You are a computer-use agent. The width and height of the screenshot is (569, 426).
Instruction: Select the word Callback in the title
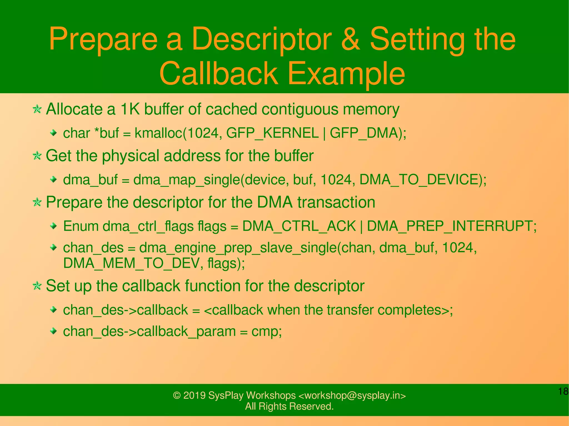pos(219,74)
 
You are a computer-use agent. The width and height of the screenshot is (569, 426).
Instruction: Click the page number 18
pos(563,392)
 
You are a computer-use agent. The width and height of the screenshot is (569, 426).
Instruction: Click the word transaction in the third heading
pos(336,202)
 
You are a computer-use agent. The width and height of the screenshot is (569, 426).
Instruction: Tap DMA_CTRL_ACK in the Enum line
pos(299,226)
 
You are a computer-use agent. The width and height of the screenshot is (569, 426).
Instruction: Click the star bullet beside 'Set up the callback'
pos(37,286)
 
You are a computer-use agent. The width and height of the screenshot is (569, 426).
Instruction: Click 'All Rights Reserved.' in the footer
pos(289,406)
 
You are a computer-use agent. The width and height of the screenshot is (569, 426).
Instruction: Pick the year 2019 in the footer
pos(194,395)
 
